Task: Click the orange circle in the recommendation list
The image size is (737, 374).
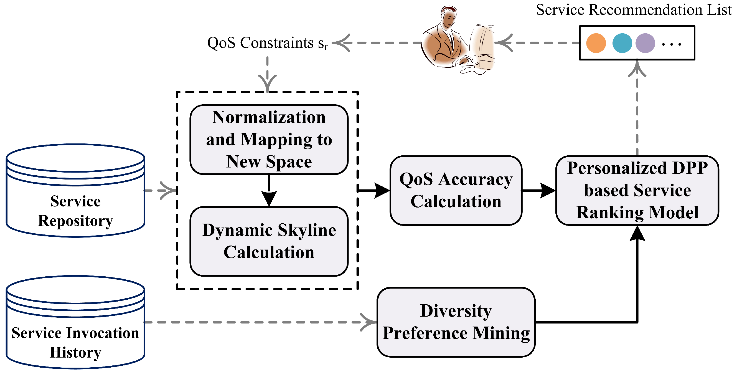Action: click(x=596, y=43)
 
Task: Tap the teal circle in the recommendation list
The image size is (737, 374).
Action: click(x=622, y=43)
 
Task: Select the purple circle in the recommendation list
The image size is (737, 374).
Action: click(x=645, y=43)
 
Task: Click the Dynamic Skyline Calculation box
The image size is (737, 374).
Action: click(x=269, y=241)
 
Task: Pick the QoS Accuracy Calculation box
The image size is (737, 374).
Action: click(x=456, y=190)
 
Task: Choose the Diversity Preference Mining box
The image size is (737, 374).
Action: click(x=456, y=322)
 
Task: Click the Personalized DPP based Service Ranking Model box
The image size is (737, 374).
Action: click(x=637, y=190)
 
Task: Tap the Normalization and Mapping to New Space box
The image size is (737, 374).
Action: click(x=269, y=140)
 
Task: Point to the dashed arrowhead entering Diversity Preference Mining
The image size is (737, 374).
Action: click(x=369, y=322)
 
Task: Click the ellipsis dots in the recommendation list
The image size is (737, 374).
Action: click(x=672, y=44)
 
